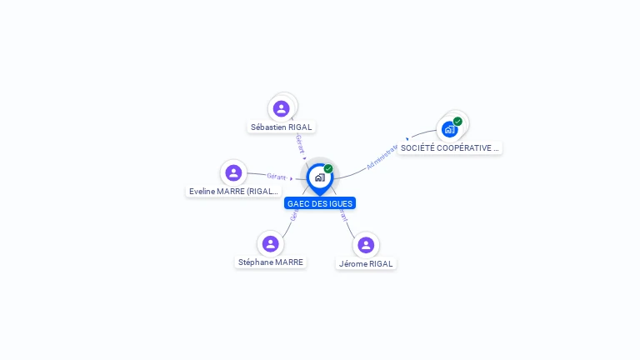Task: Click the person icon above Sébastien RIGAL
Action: click(282, 108)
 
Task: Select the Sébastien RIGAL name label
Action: click(282, 127)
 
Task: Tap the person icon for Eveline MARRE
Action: click(233, 172)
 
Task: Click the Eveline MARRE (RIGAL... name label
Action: click(233, 191)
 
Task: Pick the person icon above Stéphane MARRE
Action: click(270, 243)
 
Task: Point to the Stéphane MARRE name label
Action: click(271, 262)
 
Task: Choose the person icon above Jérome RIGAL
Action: click(366, 245)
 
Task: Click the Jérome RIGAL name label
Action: click(366, 263)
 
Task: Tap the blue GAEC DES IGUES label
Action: click(320, 203)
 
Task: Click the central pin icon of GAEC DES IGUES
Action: click(319, 177)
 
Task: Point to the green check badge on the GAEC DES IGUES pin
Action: click(328, 169)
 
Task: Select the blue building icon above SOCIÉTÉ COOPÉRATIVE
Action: click(449, 129)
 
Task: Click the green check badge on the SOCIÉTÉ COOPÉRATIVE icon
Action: click(457, 122)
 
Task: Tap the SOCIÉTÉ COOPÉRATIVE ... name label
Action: click(449, 148)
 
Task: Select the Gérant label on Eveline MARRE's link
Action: click(276, 176)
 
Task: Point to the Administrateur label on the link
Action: click(382, 157)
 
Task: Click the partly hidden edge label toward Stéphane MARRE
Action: click(292, 215)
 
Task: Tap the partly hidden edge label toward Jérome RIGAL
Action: click(343, 216)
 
